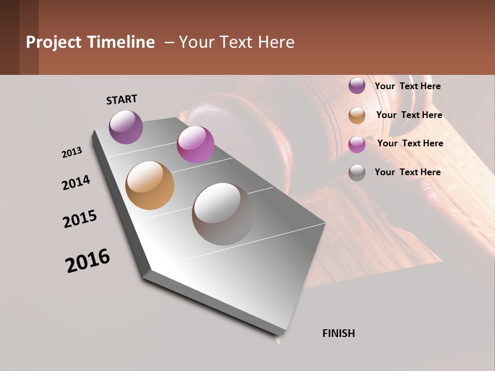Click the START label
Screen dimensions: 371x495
(x=122, y=99)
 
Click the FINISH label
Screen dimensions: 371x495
(x=338, y=333)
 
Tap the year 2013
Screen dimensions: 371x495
(x=72, y=153)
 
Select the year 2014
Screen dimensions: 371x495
(x=76, y=183)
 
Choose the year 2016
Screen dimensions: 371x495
(x=88, y=261)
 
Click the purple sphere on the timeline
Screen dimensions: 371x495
(x=126, y=127)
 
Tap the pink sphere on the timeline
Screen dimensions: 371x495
(x=195, y=144)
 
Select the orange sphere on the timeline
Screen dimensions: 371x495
(x=150, y=185)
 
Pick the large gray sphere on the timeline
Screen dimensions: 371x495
(x=223, y=213)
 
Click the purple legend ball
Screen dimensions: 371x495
(x=357, y=86)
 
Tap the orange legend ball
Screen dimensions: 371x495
(x=357, y=115)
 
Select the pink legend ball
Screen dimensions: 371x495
(x=357, y=144)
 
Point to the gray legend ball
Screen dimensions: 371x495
(x=357, y=173)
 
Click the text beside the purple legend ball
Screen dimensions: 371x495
(x=407, y=86)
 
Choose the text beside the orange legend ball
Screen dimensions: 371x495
(x=409, y=115)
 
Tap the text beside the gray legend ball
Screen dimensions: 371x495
(x=407, y=172)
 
